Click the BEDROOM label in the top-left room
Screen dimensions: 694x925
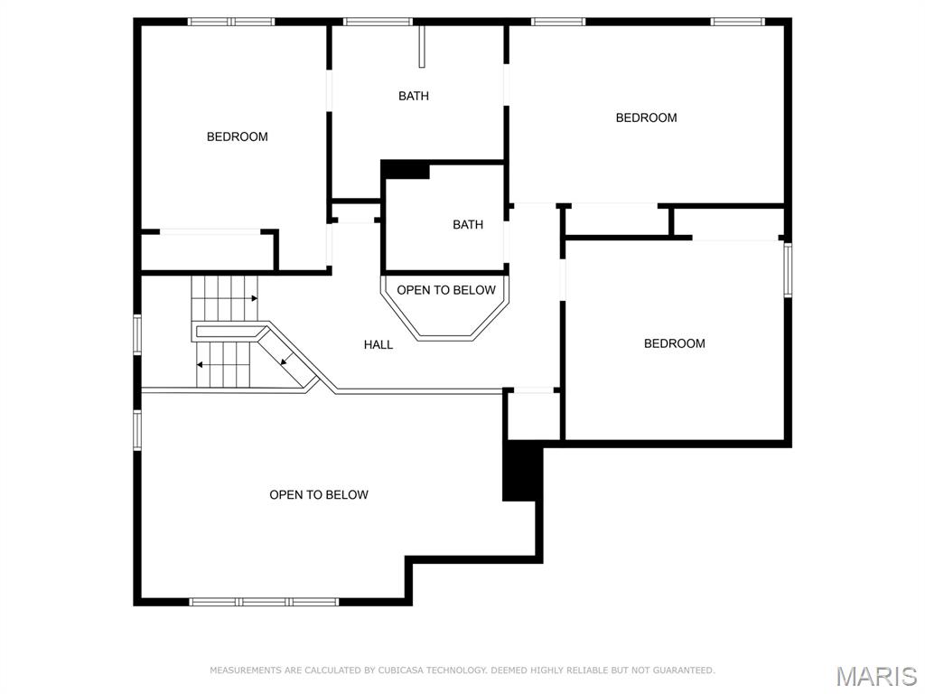tap(237, 136)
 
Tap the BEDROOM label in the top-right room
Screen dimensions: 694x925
tap(646, 117)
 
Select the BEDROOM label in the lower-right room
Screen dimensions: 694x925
tap(674, 343)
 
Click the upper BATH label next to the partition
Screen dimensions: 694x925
tap(414, 96)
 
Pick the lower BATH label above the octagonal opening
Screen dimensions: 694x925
tap(468, 225)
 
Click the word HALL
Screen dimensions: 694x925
tap(378, 344)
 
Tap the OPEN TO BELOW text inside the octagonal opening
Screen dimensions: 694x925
tap(446, 290)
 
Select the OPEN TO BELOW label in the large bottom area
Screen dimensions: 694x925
tap(319, 494)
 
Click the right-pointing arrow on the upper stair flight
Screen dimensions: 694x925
tap(254, 298)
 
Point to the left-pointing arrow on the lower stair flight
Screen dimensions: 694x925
tap(201, 365)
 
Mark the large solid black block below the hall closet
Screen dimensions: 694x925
tap(522, 471)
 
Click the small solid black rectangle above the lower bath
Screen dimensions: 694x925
tap(406, 170)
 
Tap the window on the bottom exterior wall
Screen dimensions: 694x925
tap(264, 601)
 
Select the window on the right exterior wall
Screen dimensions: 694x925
tap(788, 269)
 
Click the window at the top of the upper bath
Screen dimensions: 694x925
tap(378, 22)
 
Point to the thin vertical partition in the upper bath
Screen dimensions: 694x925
tap(421, 47)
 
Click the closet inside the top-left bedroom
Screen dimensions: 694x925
tap(208, 251)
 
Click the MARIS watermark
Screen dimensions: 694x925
tap(875, 676)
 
